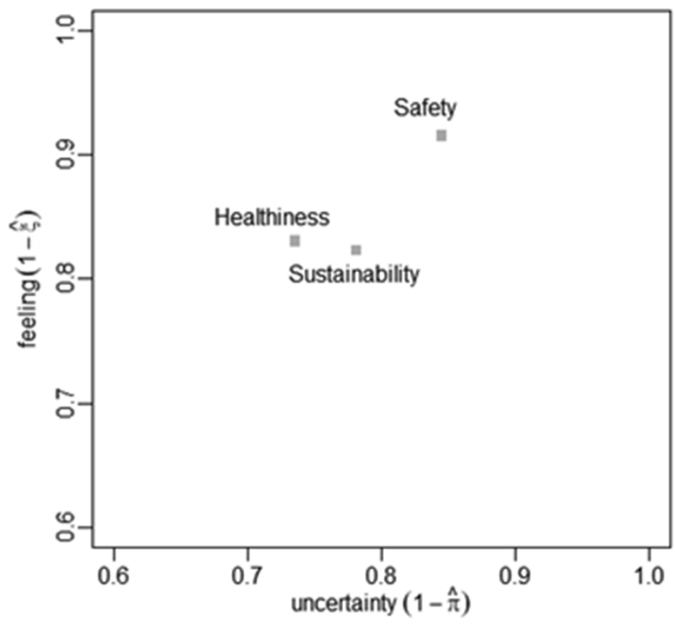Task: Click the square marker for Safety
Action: pos(441,136)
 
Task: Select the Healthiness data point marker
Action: pos(295,241)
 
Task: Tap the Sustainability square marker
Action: pos(356,250)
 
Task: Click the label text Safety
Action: pos(425,108)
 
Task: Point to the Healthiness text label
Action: pos(272,217)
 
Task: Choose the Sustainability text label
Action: pos(354,275)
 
